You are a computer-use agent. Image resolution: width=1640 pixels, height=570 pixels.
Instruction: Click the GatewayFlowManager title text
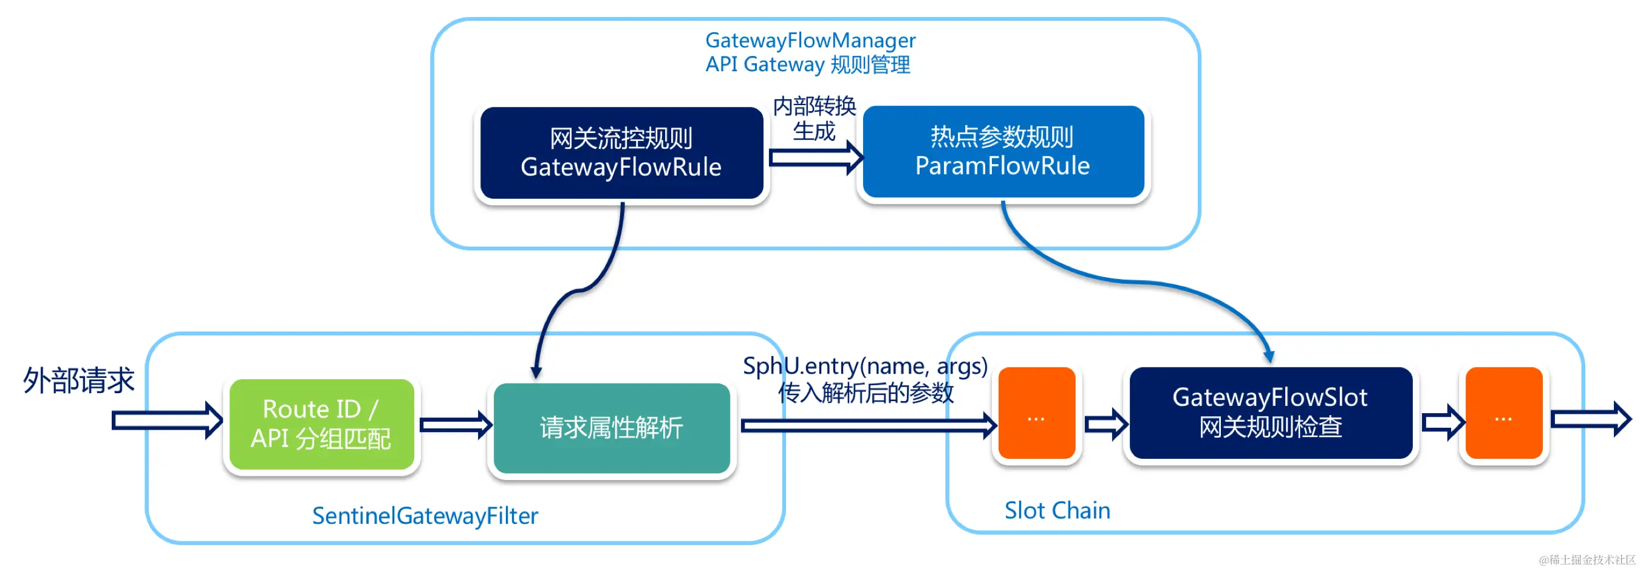(x=810, y=41)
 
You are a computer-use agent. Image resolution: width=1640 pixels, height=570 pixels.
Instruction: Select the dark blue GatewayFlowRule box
(x=621, y=154)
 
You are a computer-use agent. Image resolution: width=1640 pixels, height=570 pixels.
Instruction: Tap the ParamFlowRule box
(x=1003, y=152)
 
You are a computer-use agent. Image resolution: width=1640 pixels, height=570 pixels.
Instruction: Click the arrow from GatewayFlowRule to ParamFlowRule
(x=815, y=157)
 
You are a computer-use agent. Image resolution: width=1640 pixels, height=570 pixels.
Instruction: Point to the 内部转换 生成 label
(x=815, y=118)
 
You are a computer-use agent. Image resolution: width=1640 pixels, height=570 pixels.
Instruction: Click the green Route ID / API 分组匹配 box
(x=321, y=424)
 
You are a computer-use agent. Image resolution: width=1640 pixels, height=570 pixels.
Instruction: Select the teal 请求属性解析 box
(x=611, y=428)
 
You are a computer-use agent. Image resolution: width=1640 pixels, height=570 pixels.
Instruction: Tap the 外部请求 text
(x=79, y=380)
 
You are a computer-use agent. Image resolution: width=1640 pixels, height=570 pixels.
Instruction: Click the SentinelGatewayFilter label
(x=425, y=515)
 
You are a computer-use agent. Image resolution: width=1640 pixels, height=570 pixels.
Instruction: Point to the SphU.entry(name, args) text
(x=865, y=366)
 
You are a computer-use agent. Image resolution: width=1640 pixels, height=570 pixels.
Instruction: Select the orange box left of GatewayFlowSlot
(x=1036, y=413)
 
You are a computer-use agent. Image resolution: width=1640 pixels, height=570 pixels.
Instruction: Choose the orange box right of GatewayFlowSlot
(x=1503, y=413)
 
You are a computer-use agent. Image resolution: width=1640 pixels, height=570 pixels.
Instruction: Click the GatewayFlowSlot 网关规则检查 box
(x=1270, y=413)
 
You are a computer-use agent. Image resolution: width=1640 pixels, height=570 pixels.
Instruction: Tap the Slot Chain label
(x=1057, y=510)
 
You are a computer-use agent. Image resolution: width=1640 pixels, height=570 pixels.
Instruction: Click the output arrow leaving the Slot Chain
(x=1591, y=419)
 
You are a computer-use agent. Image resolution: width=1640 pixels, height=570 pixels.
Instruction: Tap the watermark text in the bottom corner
(x=1587, y=560)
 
